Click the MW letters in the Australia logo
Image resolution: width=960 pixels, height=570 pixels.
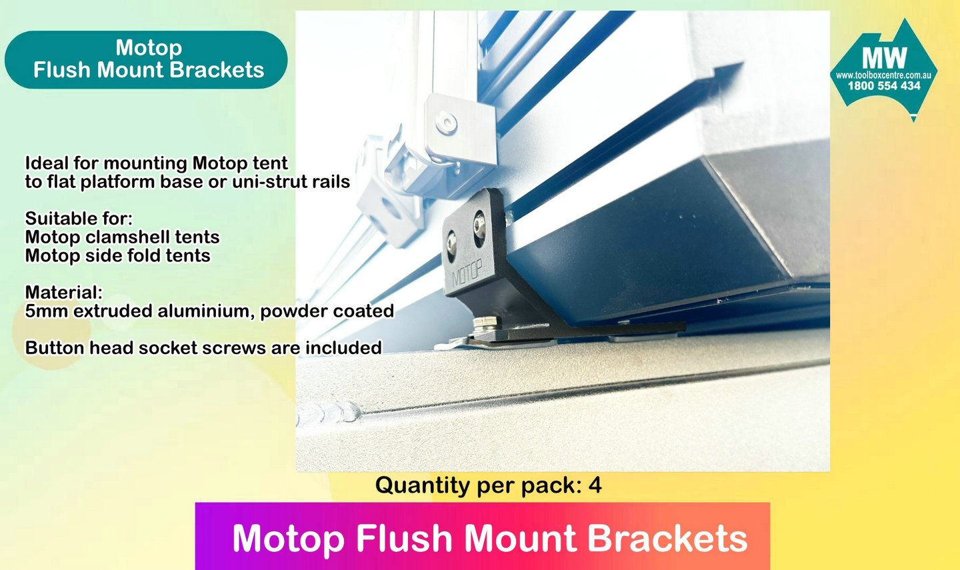[884, 58]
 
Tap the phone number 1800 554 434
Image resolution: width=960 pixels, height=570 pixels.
[884, 86]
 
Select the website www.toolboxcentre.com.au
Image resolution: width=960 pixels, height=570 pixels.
[883, 75]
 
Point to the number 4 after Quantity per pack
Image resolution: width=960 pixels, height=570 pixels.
[595, 485]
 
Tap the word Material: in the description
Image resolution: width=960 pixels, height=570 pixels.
[64, 293]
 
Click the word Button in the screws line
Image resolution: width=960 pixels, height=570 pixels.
[55, 347]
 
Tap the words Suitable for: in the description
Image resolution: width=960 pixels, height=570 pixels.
[79, 219]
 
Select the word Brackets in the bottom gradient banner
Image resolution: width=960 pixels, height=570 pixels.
[667, 539]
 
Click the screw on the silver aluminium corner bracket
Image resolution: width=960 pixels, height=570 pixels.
[446, 123]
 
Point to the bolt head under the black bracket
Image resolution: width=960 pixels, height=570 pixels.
[485, 322]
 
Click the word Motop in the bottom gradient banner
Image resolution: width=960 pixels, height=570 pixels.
[289, 539]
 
